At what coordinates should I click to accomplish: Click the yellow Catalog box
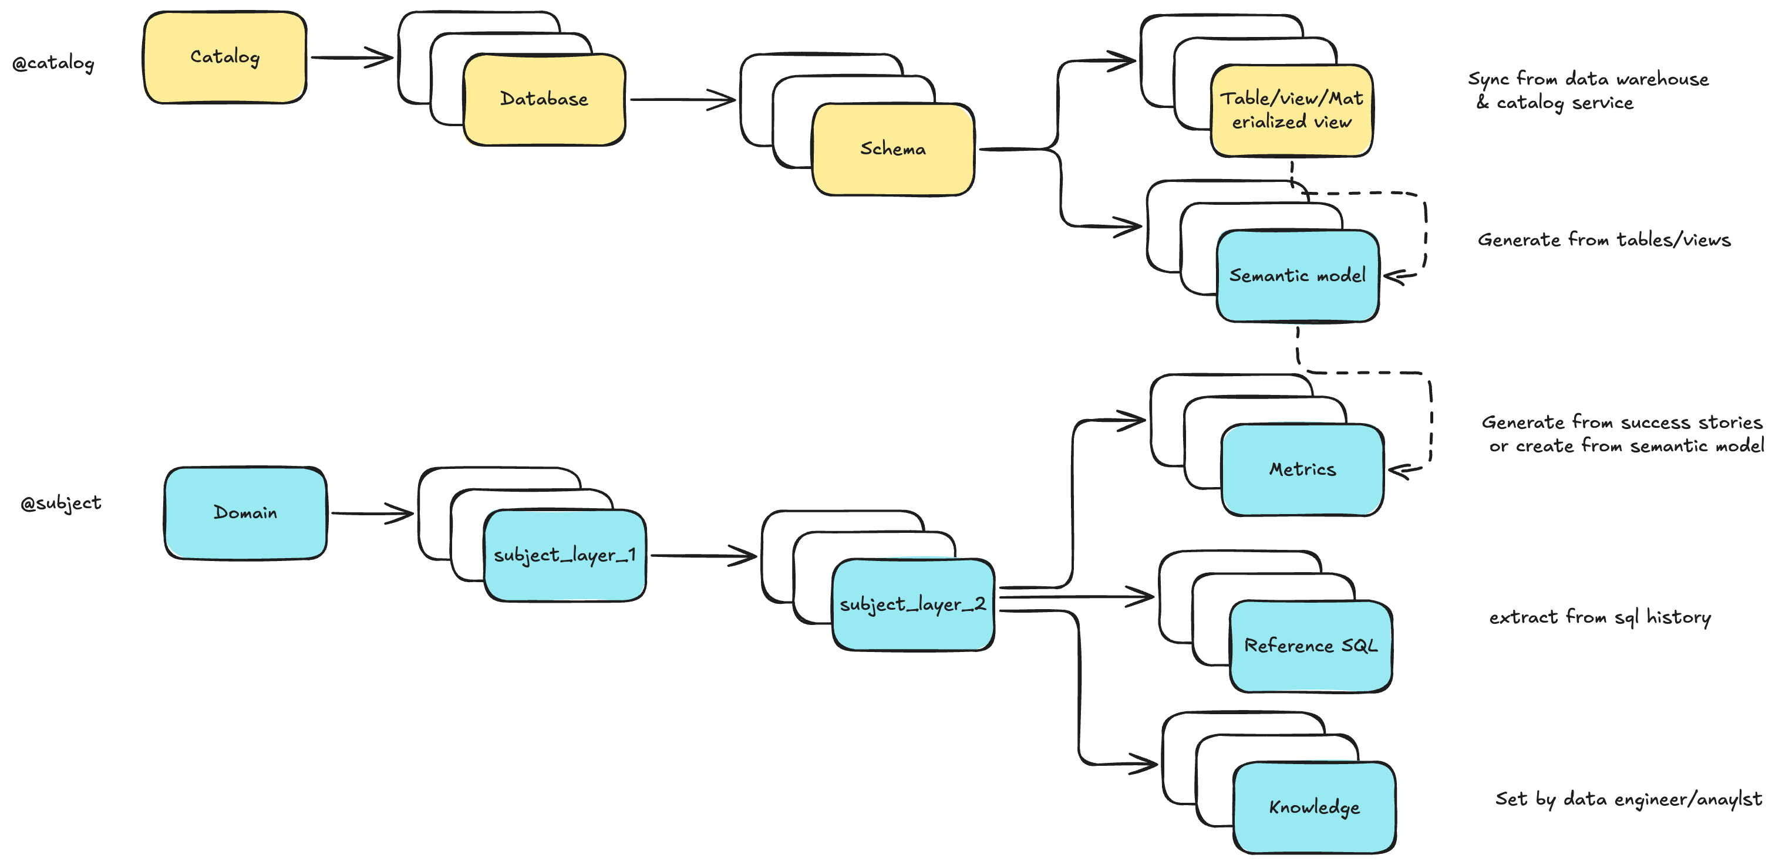click(225, 58)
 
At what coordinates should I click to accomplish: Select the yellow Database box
click(544, 100)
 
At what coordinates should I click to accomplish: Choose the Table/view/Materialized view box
click(1291, 111)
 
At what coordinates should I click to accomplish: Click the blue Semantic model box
click(1297, 276)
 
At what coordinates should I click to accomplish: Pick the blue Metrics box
click(1302, 469)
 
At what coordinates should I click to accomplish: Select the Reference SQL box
click(1310, 646)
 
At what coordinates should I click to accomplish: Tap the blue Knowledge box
click(1313, 807)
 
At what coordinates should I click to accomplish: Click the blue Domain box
click(245, 513)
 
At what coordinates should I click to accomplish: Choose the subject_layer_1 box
click(564, 555)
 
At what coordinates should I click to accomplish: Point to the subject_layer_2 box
click(912, 605)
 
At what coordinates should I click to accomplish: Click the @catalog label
click(53, 63)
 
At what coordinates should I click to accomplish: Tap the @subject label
click(61, 503)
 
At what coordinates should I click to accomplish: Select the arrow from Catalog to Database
click(352, 58)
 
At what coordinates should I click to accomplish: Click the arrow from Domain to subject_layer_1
click(372, 513)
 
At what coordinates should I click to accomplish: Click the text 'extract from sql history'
click(1599, 617)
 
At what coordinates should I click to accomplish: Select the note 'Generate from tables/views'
click(1604, 240)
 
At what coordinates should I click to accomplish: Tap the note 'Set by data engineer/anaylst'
click(1628, 799)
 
